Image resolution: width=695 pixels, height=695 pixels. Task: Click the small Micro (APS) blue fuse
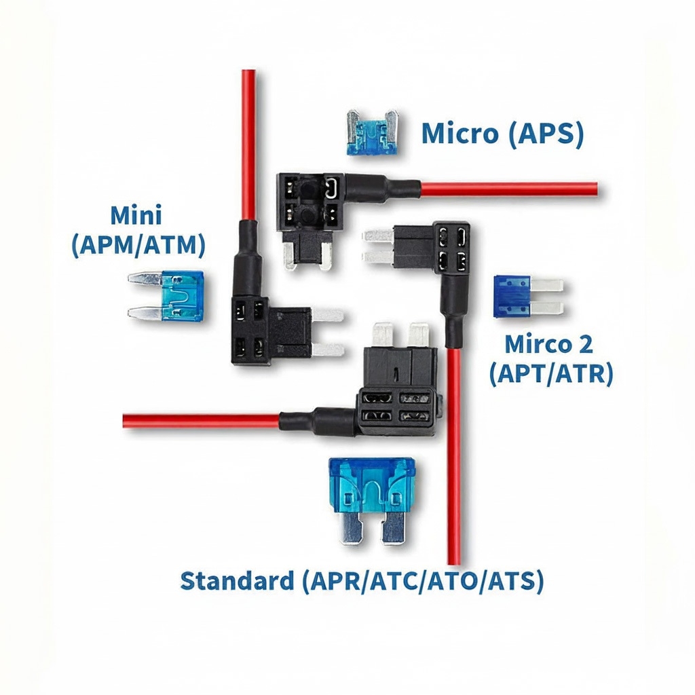click(x=373, y=133)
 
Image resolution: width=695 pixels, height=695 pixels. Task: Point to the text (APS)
click(x=545, y=134)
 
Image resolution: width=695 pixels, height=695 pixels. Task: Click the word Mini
click(x=136, y=216)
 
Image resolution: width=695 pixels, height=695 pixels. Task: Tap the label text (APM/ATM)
click(x=138, y=244)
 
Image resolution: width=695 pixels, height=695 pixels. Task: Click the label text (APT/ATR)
click(x=550, y=373)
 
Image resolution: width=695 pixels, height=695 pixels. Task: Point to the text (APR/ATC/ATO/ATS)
click(x=422, y=582)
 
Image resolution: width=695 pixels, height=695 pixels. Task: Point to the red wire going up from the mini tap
click(x=248, y=143)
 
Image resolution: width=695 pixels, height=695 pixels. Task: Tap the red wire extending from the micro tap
click(x=509, y=189)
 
